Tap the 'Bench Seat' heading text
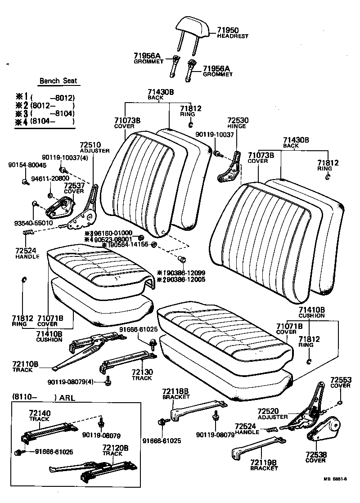pos(58,81)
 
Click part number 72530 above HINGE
pos(238,121)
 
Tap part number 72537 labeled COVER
pos(73,185)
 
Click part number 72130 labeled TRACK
pos(142,372)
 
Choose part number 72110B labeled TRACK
pos(25,364)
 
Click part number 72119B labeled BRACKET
pos(264,462)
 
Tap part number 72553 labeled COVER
pos(340,380)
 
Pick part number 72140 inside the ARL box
pos(40,413)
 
